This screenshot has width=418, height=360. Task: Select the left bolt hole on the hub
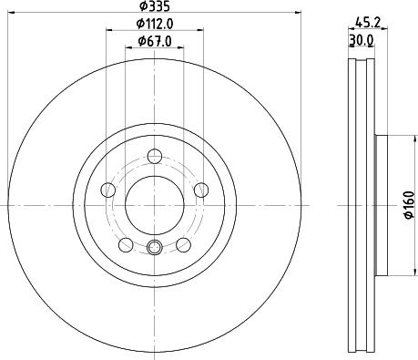coord(107,190)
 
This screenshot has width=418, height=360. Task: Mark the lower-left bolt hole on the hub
coord(125,243)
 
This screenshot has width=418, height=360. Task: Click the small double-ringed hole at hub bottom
coord(153,247)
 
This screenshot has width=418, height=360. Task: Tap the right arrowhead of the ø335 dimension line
coord(298,13)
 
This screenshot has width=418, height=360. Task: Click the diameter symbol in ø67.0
coord(140,41)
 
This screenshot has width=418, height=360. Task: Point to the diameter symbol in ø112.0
coord(138,25)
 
